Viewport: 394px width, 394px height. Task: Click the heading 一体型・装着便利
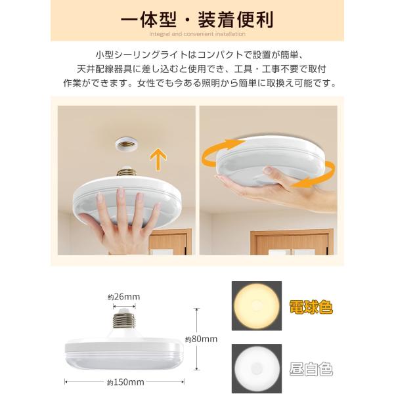coord(197,20)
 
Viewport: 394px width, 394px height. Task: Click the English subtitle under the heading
coord(197,34)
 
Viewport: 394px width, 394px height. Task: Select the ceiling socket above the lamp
coord(126,144)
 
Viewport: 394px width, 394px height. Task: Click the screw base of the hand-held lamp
coord(126,171)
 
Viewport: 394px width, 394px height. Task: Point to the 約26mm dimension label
coord(124,297)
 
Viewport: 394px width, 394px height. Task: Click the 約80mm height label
coord(202,339)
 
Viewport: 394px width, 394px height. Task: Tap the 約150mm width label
coord(125,382)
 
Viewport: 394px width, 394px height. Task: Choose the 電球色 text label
coord(311,307)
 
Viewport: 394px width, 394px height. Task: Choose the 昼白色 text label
coord(311,369)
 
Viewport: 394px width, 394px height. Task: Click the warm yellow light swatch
coord(257,306)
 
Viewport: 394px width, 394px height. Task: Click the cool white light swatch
coord(257,369)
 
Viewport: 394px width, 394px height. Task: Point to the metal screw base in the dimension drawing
coord(124,320)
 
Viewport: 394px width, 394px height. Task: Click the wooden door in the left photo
coord(170,242)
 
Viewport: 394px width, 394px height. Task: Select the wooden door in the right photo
coord(292,242)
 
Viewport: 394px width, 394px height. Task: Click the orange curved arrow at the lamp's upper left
coord(221,151)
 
